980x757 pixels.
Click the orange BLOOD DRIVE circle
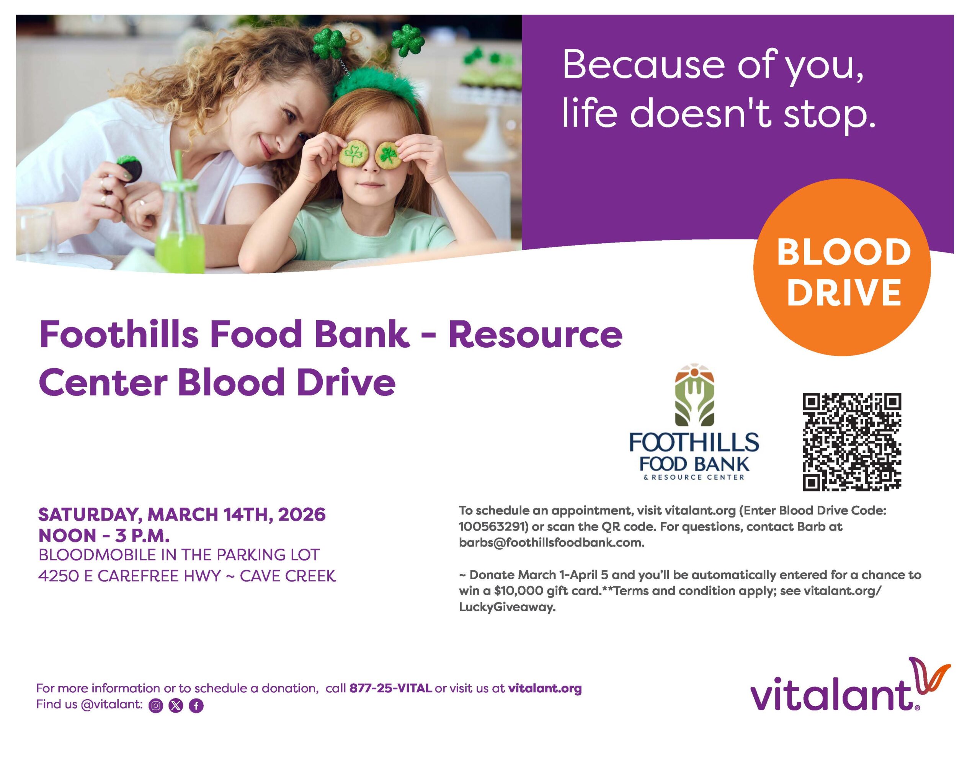pos(842,267)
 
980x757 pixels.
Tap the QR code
pos(852,442)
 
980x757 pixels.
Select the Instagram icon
pos(156,705)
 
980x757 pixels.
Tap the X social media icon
pos(176,705)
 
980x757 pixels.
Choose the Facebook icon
pos(196,705)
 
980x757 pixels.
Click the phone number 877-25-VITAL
pos(390,688)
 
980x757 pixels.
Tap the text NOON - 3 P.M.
pos(104,536)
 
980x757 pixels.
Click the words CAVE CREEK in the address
pos(287,575)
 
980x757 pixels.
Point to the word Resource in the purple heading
pos(535,335)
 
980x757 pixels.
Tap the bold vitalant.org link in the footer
pos(544,688)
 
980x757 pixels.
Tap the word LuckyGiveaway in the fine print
pos(507,607)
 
